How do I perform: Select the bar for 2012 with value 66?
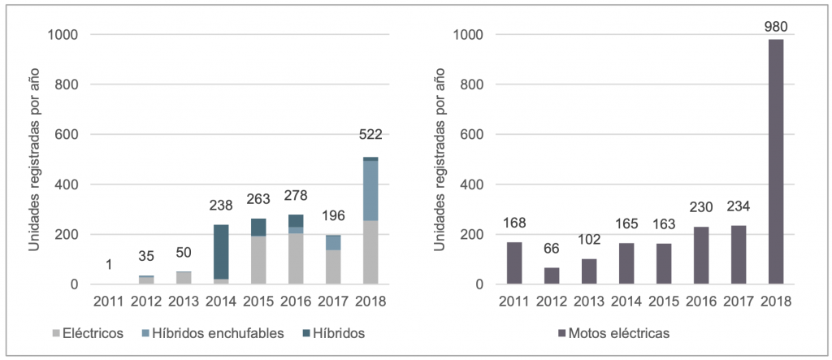coord(552,276)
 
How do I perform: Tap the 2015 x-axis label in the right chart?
coord(664,301)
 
